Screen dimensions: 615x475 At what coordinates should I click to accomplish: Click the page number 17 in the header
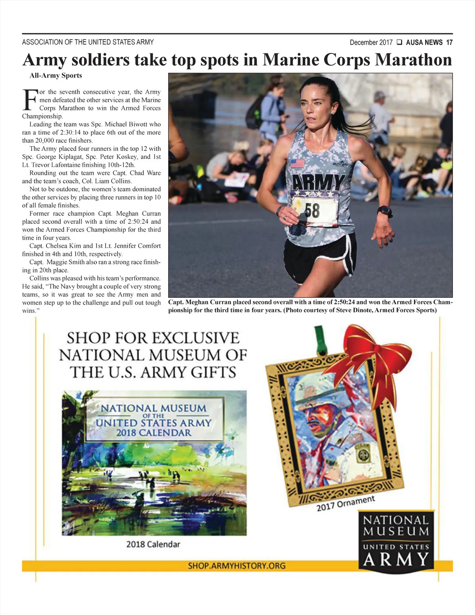pos(449,42)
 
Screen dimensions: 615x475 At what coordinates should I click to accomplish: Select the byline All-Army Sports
pos(56,75)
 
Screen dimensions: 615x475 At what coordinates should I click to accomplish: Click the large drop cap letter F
pos(30,100)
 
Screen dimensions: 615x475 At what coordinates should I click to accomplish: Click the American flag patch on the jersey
pos(298,163)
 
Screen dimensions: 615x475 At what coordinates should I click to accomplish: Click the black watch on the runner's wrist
pos(385,210)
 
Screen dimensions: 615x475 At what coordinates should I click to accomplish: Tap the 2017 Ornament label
pos(346,503)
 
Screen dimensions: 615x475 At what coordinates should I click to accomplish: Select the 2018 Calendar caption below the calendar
pos(153,544)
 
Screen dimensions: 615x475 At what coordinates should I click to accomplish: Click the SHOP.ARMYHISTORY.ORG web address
pos(237,565)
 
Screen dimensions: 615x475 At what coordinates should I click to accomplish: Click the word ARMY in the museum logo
pos(396,559)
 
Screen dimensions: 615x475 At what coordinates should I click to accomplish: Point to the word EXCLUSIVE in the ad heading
pos(196,338)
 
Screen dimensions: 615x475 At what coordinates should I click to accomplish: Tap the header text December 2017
pos(371,42)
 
